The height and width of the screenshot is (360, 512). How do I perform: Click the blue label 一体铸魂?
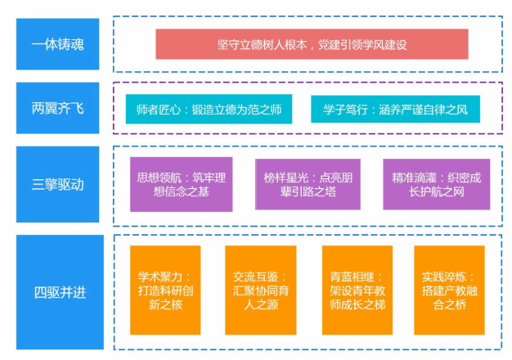[57, 44]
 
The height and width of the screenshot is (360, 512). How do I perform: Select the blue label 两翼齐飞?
[57, 109]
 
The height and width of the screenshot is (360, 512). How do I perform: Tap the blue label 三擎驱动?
[57, 185]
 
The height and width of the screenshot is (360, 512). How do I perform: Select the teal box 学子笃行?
[394, 109]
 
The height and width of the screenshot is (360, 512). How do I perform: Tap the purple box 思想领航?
[181, 185]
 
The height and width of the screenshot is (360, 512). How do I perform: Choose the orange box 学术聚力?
[164, 290]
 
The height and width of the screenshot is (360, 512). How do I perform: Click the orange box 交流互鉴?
[260, 290]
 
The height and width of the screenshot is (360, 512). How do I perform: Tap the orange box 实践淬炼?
[448, 290]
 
